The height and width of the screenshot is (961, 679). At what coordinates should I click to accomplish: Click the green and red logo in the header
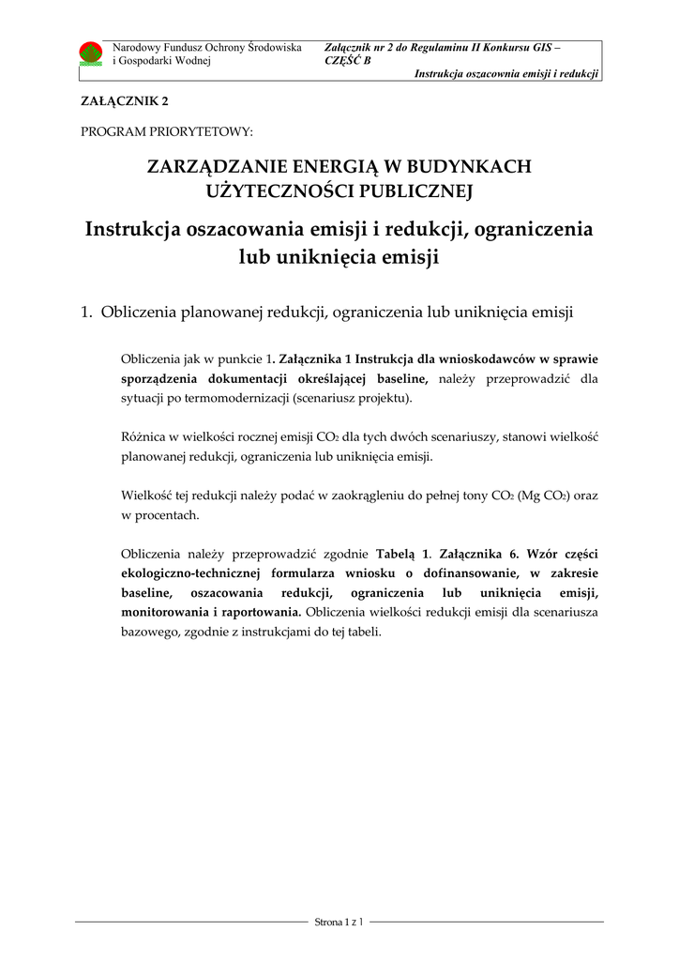pyautogui.click(x=91, y=53)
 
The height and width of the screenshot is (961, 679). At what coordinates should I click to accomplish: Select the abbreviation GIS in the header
pyautogui.click(x=540, y=46)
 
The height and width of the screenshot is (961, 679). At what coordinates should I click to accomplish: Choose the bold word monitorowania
pyautogui.click(x=165, y=612)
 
